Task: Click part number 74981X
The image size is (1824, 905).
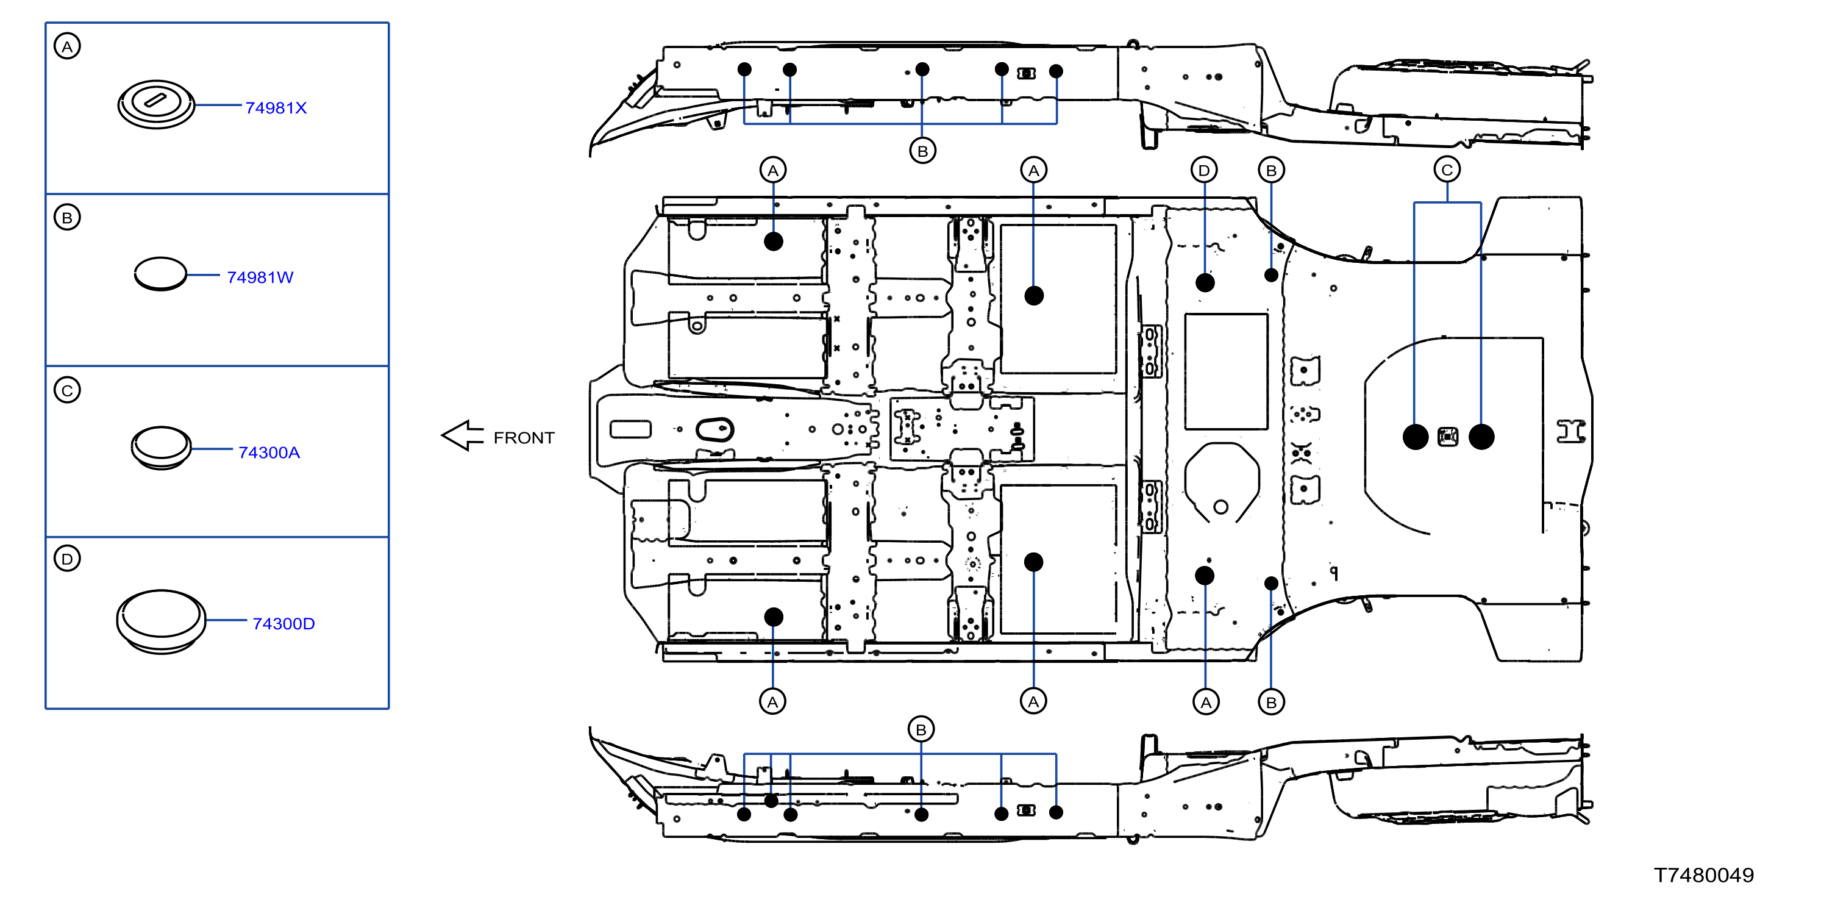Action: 276,108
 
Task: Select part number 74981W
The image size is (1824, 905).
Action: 260,277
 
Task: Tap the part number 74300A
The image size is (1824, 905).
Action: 269,452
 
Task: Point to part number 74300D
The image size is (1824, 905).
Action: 283,623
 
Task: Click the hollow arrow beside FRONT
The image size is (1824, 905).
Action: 462,435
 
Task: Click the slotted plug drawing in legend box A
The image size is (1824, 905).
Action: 156,104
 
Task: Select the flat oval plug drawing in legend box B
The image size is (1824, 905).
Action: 161,273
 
